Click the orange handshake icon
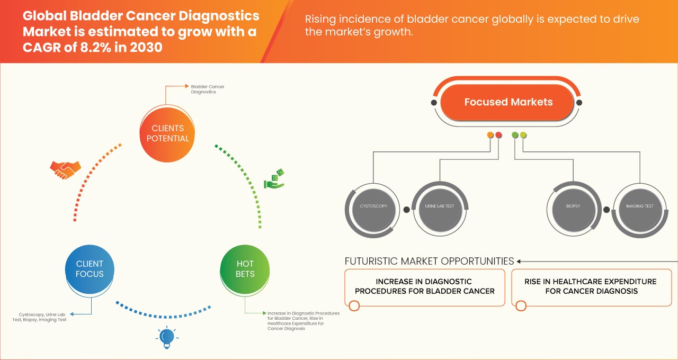coord(65,169)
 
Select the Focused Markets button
coord(508,102)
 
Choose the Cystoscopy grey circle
coord(373,206)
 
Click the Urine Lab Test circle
coord(439,206)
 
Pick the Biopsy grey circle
coord(573,206)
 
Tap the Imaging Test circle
coord(639,206)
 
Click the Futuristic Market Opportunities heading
coord(429,261)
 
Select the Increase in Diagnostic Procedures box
coord(425,287)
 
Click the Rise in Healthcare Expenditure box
coord(590,287)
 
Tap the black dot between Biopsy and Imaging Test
coord(606,210)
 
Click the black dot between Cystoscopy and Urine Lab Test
coord(406,210)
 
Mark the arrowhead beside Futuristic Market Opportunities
coord(520,261)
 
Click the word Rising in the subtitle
coord(321,20)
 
